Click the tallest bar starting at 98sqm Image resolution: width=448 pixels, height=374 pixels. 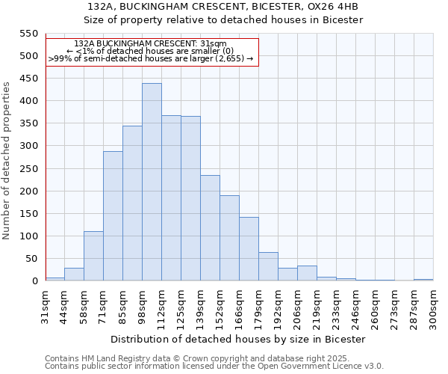coord(152,182)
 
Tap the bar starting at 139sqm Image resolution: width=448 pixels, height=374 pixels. coord(210,228)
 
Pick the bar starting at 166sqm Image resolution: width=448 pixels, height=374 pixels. coord(249,249)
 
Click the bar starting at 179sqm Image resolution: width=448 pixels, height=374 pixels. coord(268,267)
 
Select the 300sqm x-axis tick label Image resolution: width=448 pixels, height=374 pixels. coord(434,307)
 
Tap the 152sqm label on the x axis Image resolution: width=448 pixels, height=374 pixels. coord(220,307)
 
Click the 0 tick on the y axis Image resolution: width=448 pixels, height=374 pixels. coord(34,281)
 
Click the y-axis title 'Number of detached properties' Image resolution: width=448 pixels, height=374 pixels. coord(7,161)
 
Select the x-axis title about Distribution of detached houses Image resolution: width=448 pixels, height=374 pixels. coord(239,339)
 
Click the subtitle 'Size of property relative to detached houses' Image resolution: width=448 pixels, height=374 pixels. coord(223,19)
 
